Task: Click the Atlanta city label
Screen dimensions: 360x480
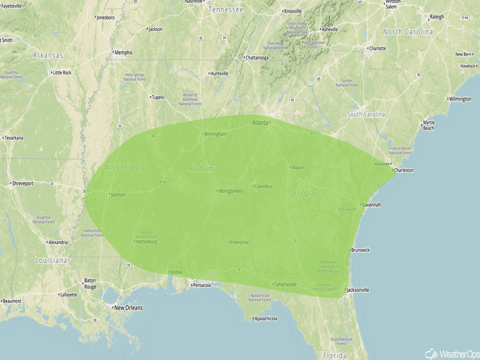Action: point(260,123)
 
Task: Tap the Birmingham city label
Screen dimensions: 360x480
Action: point(214,134)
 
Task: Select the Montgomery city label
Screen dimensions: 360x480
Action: point(230,191)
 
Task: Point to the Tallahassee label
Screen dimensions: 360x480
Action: point(285,284)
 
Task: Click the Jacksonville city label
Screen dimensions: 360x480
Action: point(357,290)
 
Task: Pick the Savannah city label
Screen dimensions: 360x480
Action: point(371,205)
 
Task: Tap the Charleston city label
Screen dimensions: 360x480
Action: point(403,170)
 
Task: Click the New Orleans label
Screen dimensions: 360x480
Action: point(128,308)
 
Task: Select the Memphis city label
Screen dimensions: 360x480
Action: point(123,53)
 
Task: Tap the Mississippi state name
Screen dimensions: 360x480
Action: point(123,167)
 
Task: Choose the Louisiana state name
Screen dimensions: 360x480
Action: point(51,260)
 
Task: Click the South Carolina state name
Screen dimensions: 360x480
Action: point(366,114)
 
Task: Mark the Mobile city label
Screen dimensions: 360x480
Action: point(176,272)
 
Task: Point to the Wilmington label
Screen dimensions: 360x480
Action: point(460,99)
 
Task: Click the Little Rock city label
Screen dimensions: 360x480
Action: point(62,73)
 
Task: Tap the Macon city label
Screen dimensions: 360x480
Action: point(298,167)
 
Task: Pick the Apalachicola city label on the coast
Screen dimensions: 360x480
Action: point(266,319)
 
